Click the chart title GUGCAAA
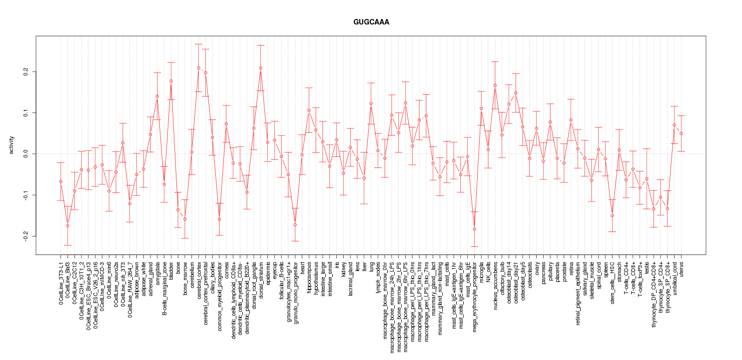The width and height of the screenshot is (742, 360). pos(371,22)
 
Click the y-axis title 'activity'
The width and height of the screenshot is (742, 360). pos(12,145)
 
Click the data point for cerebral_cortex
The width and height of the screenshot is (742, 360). pos(198,68)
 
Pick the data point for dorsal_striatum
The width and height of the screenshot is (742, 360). pos(260,68)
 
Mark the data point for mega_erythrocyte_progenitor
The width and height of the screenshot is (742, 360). pos(474,229)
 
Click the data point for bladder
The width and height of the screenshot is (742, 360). pos(171,81)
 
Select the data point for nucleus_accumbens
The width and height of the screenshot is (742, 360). pos(495,85)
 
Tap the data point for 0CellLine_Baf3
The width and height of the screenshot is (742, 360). pos(67,225)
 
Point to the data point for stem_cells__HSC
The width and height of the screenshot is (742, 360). pos(612,215)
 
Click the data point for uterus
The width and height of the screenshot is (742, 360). pos(681,133)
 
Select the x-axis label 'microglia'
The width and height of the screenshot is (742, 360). pos(482,272)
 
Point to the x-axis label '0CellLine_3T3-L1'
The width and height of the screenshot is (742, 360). pos(61,282)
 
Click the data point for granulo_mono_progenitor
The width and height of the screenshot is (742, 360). pos(295,224)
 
